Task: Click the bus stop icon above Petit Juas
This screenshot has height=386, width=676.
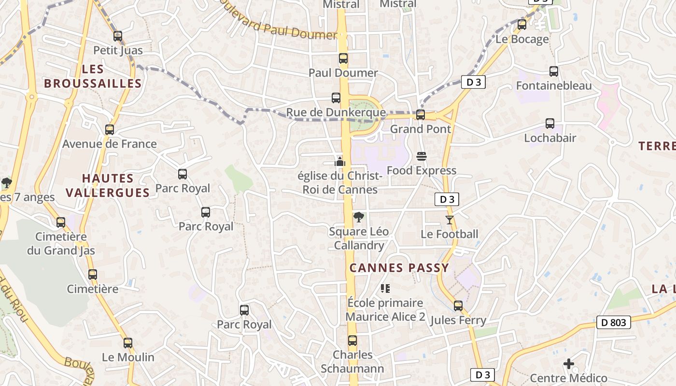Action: coord(118,36)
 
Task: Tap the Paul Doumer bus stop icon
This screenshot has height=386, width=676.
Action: coord(343,59)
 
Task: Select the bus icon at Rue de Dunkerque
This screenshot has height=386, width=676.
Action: coord(336,98)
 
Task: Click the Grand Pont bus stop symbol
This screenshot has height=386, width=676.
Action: coord(421,115)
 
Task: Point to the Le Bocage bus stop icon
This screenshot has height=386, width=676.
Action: coord(522,25)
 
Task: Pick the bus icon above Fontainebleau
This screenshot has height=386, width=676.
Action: coord(554,71)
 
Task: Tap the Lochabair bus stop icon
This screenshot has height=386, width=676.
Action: coord(550,124)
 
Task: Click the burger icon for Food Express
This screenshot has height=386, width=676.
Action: coord(422,156)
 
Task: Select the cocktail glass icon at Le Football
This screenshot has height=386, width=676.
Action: coord(450,220)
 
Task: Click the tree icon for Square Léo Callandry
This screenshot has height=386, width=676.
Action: coord(358,217)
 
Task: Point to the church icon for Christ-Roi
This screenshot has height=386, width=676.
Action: coord(340,162)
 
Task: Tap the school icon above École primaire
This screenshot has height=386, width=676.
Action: coord(385,289)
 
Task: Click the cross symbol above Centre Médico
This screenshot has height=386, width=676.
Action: coord(569,363)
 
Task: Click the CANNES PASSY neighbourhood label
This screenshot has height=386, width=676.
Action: coord(399,268)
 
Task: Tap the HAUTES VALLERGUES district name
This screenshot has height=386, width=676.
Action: coord(107,185)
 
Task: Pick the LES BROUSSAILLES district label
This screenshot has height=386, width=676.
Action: coord(93,76)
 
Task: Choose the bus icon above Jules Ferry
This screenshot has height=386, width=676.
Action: coord(458,306)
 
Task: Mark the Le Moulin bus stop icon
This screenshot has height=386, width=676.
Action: coord(128,343)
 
